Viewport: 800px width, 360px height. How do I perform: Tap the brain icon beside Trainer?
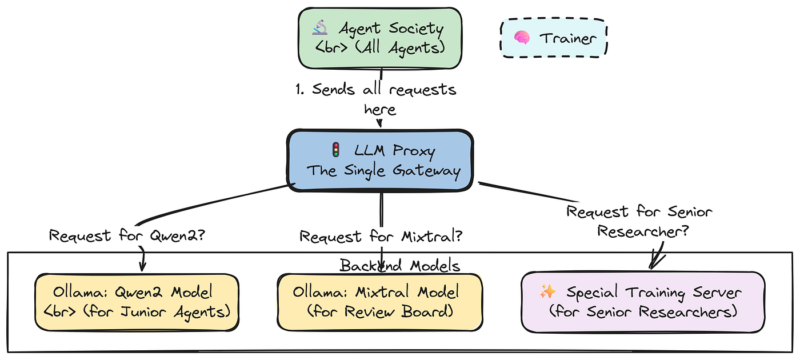tap(521, 38)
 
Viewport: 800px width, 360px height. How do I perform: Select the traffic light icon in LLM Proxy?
tap(335, 150)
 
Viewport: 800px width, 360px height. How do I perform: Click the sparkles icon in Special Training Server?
tap(547, 293)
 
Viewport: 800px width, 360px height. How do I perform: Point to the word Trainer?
tap(568, 38)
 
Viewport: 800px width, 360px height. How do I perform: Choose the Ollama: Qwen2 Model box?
tap(137, 302)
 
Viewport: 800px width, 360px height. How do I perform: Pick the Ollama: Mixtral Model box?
tap(379, 302)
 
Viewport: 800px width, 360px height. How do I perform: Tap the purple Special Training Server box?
tap(642, 302)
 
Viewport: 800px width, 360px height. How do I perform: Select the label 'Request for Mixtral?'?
tap(381, 235)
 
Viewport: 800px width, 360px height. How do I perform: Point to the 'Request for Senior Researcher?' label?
tap(639, 221)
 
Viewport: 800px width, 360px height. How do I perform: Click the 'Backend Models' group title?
tap(400, 265)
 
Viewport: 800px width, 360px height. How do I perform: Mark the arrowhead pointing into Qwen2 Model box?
tap(142, 266)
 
